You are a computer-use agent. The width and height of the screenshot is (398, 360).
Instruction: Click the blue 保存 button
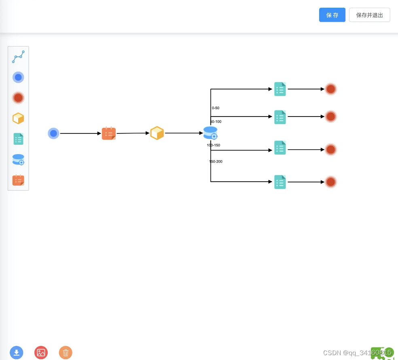pos(332,15)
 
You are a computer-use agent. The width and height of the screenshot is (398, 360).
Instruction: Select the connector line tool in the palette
pos(18,57)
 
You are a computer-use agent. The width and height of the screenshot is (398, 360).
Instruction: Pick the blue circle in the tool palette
pos(18,77)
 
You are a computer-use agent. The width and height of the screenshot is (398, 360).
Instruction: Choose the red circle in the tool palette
pos(18,98)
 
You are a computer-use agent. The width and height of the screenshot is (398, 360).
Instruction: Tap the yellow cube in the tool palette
pos(18,119)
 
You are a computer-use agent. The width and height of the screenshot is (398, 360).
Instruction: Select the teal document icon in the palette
pos(18,139)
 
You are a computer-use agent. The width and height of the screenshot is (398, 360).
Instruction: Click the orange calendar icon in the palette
pos(18,180)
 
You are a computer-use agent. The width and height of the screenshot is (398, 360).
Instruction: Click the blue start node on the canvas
pos(53,133)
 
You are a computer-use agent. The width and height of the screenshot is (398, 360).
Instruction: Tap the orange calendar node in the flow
pos(109,133)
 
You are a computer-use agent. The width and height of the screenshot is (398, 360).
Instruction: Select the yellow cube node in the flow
pos(157,133)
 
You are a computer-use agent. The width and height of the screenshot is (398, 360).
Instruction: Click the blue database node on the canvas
pos(210,133)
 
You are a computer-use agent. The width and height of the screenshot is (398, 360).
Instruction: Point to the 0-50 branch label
pos(216,108)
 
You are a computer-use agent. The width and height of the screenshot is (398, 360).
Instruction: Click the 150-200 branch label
pos(216,161)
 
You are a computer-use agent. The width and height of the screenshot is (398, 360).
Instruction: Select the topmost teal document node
pos(280,89)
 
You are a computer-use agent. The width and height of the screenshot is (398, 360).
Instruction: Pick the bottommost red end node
pos(331,182)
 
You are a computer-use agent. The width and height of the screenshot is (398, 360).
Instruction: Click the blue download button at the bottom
pos(17,352)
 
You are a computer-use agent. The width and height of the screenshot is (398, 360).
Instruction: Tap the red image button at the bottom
pos(41,352)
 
